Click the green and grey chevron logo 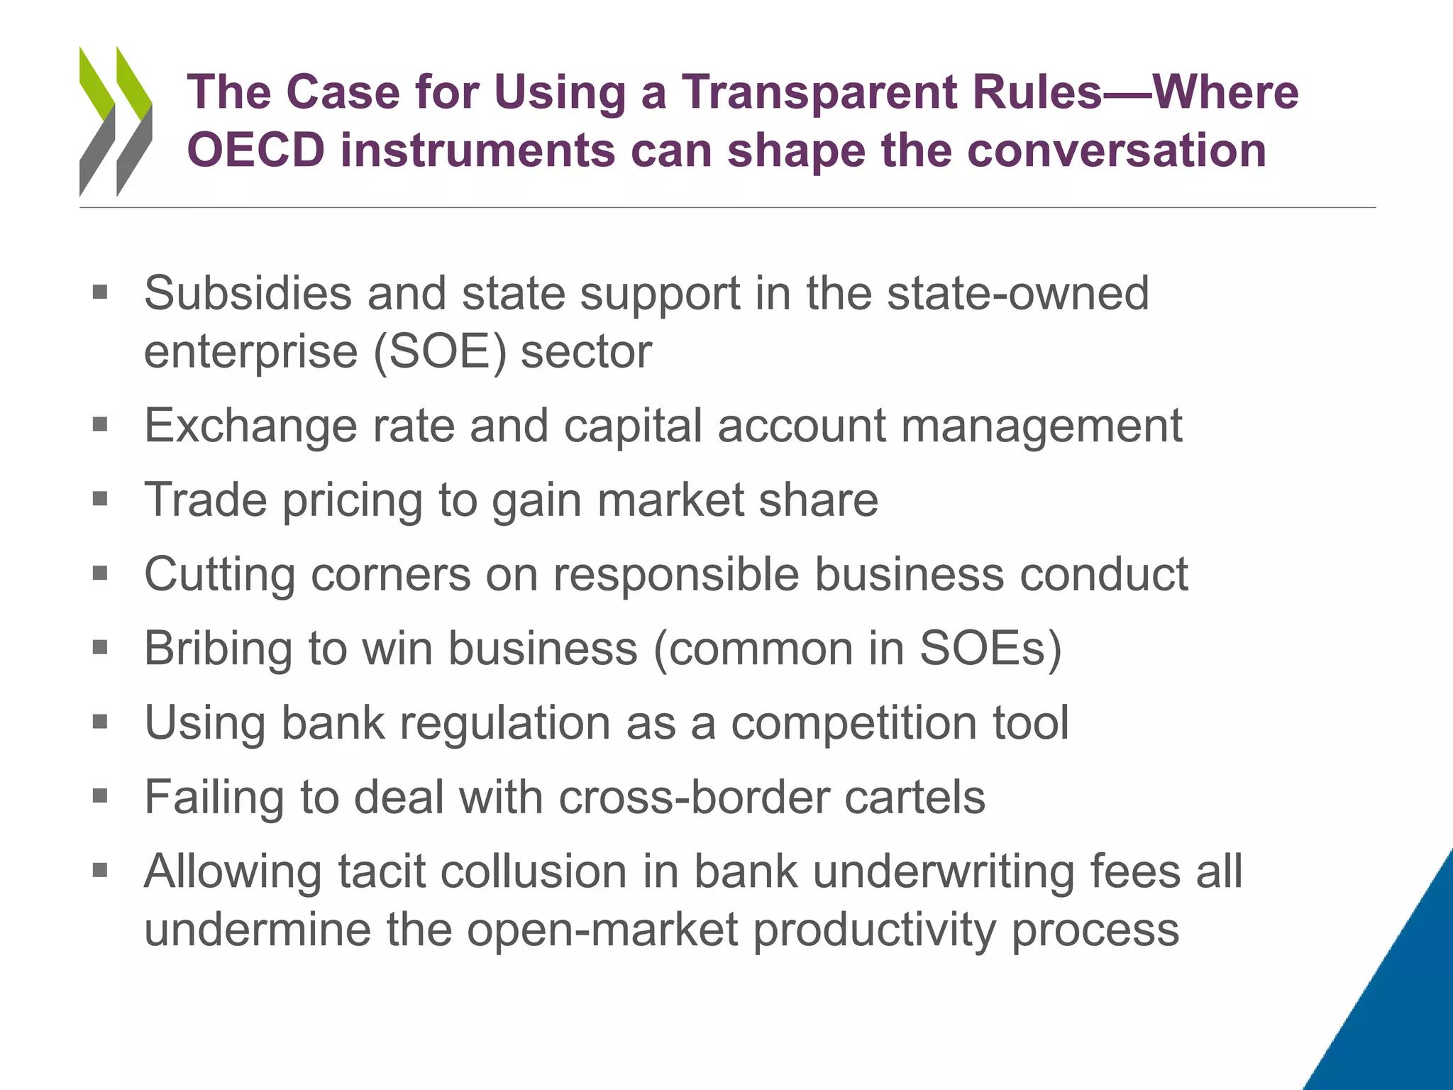click(x=116, y=121)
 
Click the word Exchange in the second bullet click(x=250, y=426)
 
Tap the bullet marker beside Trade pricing click(x=100, y=499)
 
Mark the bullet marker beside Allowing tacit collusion click(x=100, y=870)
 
